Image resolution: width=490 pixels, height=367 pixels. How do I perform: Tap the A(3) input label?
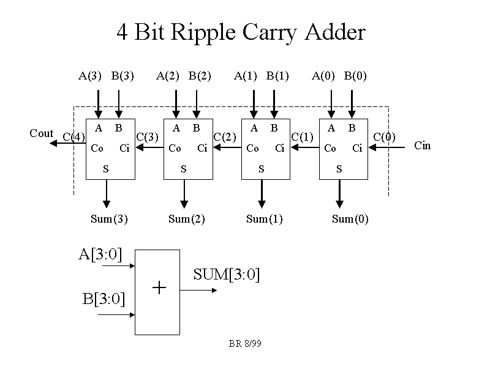[x=90, y=76]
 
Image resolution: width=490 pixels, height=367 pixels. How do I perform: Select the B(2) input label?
[x=200, y=76]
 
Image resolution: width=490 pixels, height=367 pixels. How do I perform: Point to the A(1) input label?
[x=246, y=76]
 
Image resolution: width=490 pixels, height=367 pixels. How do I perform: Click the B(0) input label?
[x=355, y=76]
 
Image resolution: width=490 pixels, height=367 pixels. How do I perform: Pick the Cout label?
[x=42, y=133]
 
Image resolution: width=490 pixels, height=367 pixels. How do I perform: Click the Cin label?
[x=423, y=146]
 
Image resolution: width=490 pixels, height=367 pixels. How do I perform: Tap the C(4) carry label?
[x=74, y=137]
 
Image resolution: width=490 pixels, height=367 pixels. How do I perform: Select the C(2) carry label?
[x=225, y=137]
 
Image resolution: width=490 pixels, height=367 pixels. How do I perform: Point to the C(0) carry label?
[x=384, y=137]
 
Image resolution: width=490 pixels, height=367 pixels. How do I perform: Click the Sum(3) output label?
[x=109, y=219]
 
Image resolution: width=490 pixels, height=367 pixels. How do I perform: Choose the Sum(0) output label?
[x=350, y=219]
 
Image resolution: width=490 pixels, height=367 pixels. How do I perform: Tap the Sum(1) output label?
[x=265, y=219]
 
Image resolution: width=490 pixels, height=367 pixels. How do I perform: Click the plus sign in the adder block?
[x=159, y=288]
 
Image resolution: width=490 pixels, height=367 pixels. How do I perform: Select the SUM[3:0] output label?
[x=227, y=275]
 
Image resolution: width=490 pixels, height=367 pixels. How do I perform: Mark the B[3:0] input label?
[x=104, y=299]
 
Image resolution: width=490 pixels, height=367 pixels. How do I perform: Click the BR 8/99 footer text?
[x=245, y=344]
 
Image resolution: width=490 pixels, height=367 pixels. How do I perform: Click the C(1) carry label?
[x=302, y=137]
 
